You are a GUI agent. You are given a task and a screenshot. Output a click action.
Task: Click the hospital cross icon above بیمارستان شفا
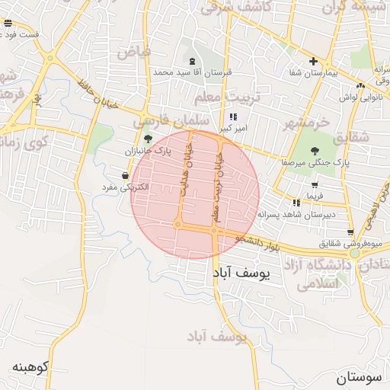(x=312, y=61)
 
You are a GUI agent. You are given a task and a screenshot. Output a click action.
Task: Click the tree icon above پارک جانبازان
(x=148, y=139)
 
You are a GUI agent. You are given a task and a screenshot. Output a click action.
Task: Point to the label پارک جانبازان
(x=150, y=152)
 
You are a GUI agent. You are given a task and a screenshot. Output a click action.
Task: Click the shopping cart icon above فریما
(x=315, y=185)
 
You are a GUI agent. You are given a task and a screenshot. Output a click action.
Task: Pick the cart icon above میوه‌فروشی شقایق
(x=350, y=232)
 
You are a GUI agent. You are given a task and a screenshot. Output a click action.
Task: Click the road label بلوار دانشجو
(x=259, y=240)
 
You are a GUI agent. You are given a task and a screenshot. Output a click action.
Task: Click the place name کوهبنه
(x=30, y=366)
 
